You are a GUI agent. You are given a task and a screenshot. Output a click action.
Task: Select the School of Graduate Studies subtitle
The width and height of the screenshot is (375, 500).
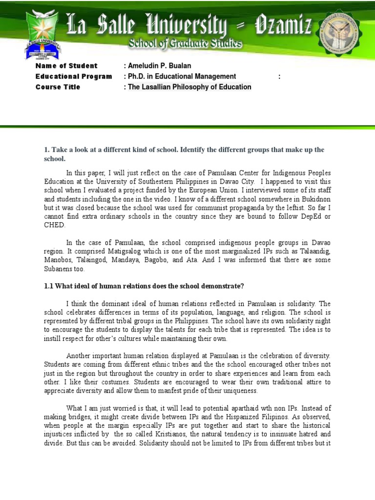tap(185, 44)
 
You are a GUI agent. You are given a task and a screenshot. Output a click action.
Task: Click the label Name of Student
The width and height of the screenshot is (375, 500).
tap(66, 66)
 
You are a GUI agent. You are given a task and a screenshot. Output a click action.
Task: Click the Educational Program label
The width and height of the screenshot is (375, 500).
tap(74, 77)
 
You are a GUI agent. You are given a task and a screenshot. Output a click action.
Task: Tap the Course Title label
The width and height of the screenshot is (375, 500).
tap(58, 87)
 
